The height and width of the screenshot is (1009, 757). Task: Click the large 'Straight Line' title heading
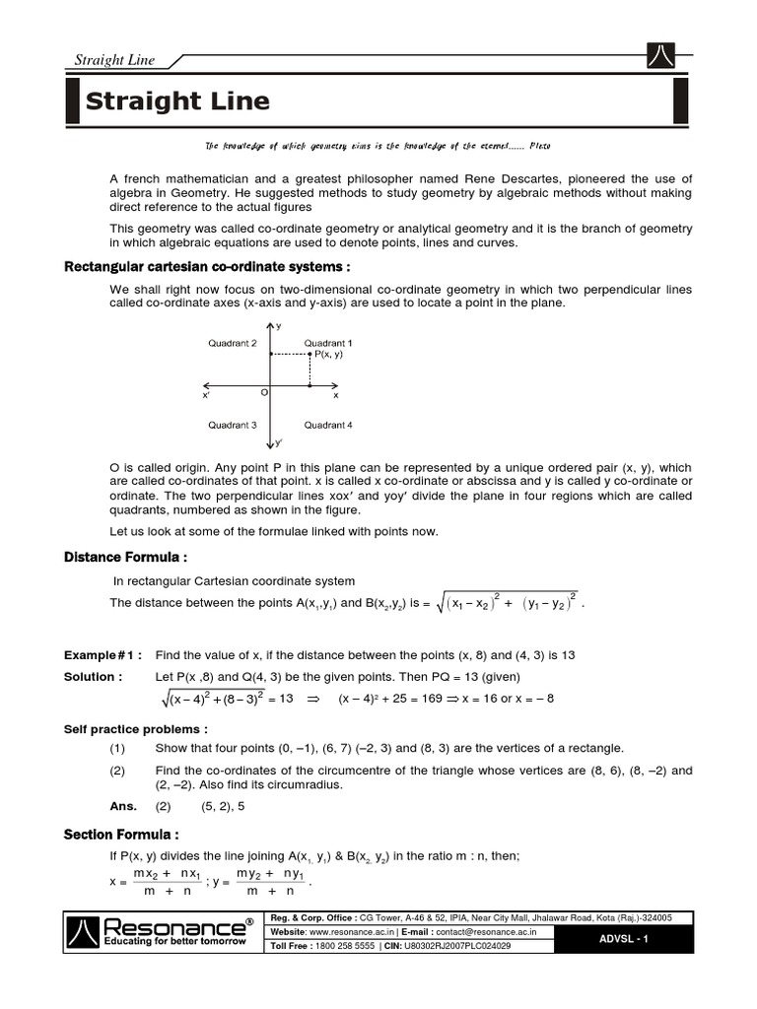177,101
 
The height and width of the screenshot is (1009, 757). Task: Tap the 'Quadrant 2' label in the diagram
233,343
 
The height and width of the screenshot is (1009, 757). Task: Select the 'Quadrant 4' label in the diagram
328,425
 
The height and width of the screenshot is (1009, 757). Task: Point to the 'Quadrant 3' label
233,425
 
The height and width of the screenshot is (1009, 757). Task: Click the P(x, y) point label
328,354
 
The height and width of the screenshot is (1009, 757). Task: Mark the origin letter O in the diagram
263,392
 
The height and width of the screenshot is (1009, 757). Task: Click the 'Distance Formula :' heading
125,558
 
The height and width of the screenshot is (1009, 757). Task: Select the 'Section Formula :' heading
121,835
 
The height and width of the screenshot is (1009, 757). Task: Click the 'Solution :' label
94,677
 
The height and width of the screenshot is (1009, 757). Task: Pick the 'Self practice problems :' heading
136,729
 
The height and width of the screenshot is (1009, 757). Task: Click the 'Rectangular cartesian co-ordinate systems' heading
208,267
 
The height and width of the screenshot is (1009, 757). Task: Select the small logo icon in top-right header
660,57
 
